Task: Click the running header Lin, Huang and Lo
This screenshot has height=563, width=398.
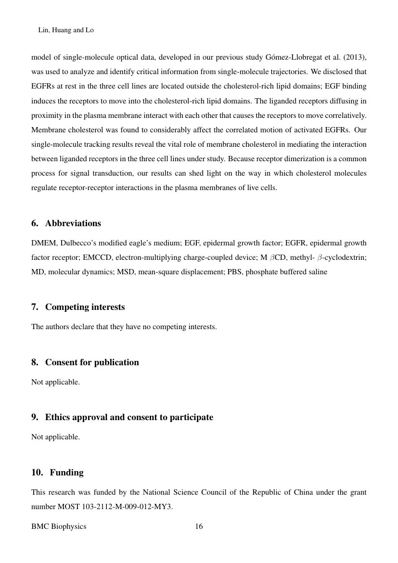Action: point(65,30)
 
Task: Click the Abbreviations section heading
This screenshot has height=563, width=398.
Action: point(73,223)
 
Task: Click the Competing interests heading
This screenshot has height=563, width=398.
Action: point(85,307)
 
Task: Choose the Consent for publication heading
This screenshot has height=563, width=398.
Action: point(91,362)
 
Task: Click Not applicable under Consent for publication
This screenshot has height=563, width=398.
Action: point(55,382)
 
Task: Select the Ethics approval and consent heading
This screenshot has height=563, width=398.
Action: point(128,417)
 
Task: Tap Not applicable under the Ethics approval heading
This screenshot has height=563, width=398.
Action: point(55,437)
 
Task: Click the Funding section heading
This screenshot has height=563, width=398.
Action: point(64,473)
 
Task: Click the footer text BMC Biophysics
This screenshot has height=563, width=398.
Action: point(59,526)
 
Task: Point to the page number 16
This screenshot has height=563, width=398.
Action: point(199,526)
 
